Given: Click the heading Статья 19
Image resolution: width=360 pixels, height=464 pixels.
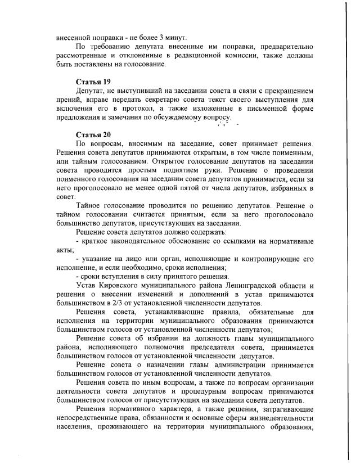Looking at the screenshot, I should click(93, 82).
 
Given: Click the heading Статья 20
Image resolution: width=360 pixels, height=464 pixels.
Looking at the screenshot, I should click(93, 134).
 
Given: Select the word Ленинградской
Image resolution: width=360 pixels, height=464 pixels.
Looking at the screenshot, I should click(251, 286).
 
